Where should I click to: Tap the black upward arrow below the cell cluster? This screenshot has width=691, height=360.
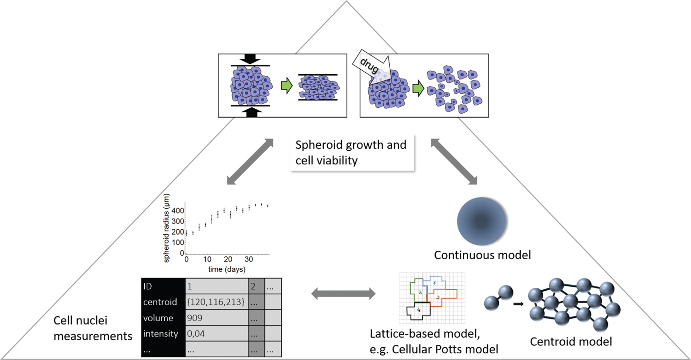point(250,112)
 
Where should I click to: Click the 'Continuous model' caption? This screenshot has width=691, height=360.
point(482,255)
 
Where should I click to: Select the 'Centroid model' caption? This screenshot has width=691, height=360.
point(571,341)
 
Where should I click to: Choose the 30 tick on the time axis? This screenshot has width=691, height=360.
point(249,259)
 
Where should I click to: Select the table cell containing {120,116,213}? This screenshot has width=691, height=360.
point(216,301)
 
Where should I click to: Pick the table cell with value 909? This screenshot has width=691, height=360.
point(216,318)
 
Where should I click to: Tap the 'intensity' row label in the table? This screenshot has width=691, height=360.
point(161,334)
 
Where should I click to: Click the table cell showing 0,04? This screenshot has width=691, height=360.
point(216,334)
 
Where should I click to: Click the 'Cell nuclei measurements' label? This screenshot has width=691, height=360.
point(93,328)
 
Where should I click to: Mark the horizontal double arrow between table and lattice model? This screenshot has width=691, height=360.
point(343,294)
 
